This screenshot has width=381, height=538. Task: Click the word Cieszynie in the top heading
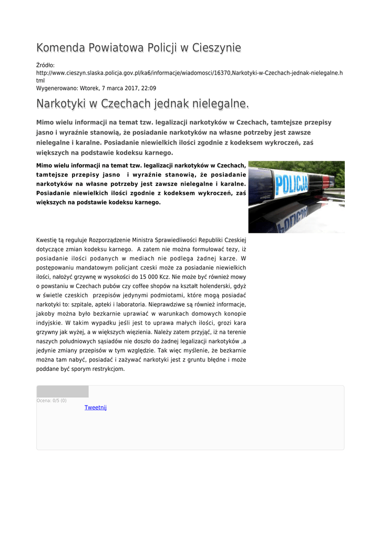point(217,48)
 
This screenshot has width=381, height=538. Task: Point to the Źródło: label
point(45,65)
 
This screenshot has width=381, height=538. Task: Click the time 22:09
point(149,88)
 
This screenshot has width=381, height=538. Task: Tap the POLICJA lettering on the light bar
point(292,184)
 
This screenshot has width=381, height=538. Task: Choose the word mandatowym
point(94,267)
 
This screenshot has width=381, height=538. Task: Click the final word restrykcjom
point(108,369)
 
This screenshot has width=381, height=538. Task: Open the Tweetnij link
point(96,408)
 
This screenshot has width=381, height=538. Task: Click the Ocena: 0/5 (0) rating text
point(52,401)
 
